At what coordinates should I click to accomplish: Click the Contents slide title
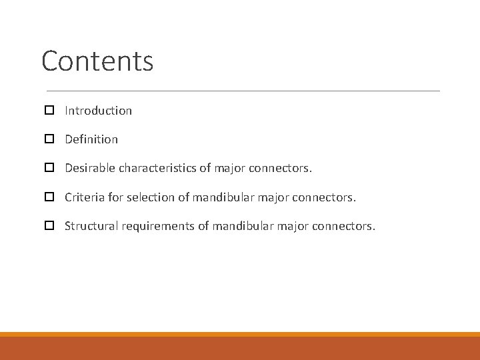click(97, 61)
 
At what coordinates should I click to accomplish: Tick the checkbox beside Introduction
click(49, 111)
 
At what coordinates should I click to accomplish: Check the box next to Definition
click(49, 139)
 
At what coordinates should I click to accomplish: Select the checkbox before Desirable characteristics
click(49, 169)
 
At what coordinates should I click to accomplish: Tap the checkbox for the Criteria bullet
click(49, 197)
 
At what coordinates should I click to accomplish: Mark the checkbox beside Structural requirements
click(49, 226)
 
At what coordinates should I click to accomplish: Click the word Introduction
click(98, 111)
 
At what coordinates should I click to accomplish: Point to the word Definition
click(91, 139)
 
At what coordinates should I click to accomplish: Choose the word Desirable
click(90, 169)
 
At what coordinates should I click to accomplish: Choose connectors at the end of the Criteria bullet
click(324, 197)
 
